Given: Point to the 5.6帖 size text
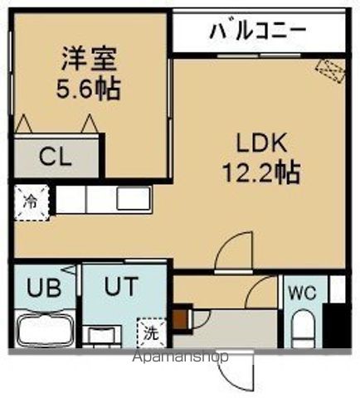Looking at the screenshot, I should pyautogui.click(x=90, y=88).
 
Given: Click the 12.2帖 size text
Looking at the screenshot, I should pyautogui.click(x=259, y=173).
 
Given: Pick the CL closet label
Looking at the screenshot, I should pyautogui.click(x=56, y=157).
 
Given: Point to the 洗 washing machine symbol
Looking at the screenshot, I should pyautogui.click(x=153, y=334).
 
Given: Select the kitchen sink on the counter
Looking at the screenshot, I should pyautogui.click(x=133, y=198).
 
